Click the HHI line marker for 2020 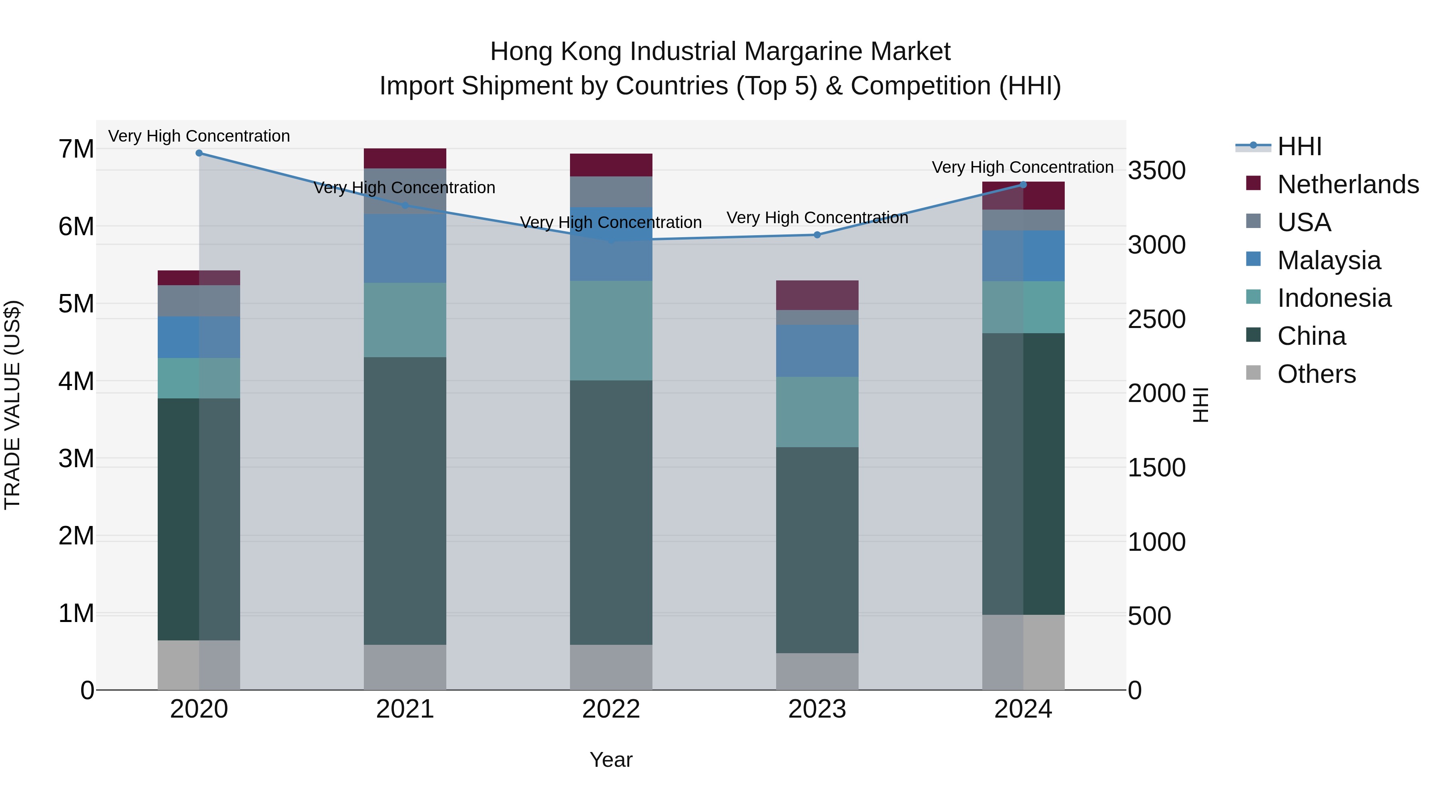pyautogui.click(x=199, y=153)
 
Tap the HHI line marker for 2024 pyautogui.click(x=1023, y=184)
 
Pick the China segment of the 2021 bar pyautogui.click(x=405, y=500)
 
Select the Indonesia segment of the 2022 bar pyautogui.click(x=611, y=330)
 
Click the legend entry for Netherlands pyautogui.click(x=1348, y=184)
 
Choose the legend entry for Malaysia pyautogui.click(x=1329, y=260)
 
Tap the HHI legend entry pyautogui.click(x=1299, y=146)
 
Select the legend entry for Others pyautogui.click(x=1316, y=374)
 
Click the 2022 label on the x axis pyautogui.click(x=611, y=709)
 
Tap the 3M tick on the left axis pyautogui.click(x=76, y=458)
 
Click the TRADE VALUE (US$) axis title pyautogui.click(x=12, y=405)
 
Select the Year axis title pyautogui.click(x=611, y=760)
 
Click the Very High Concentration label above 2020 pyautogui.click(x=199, y=136)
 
